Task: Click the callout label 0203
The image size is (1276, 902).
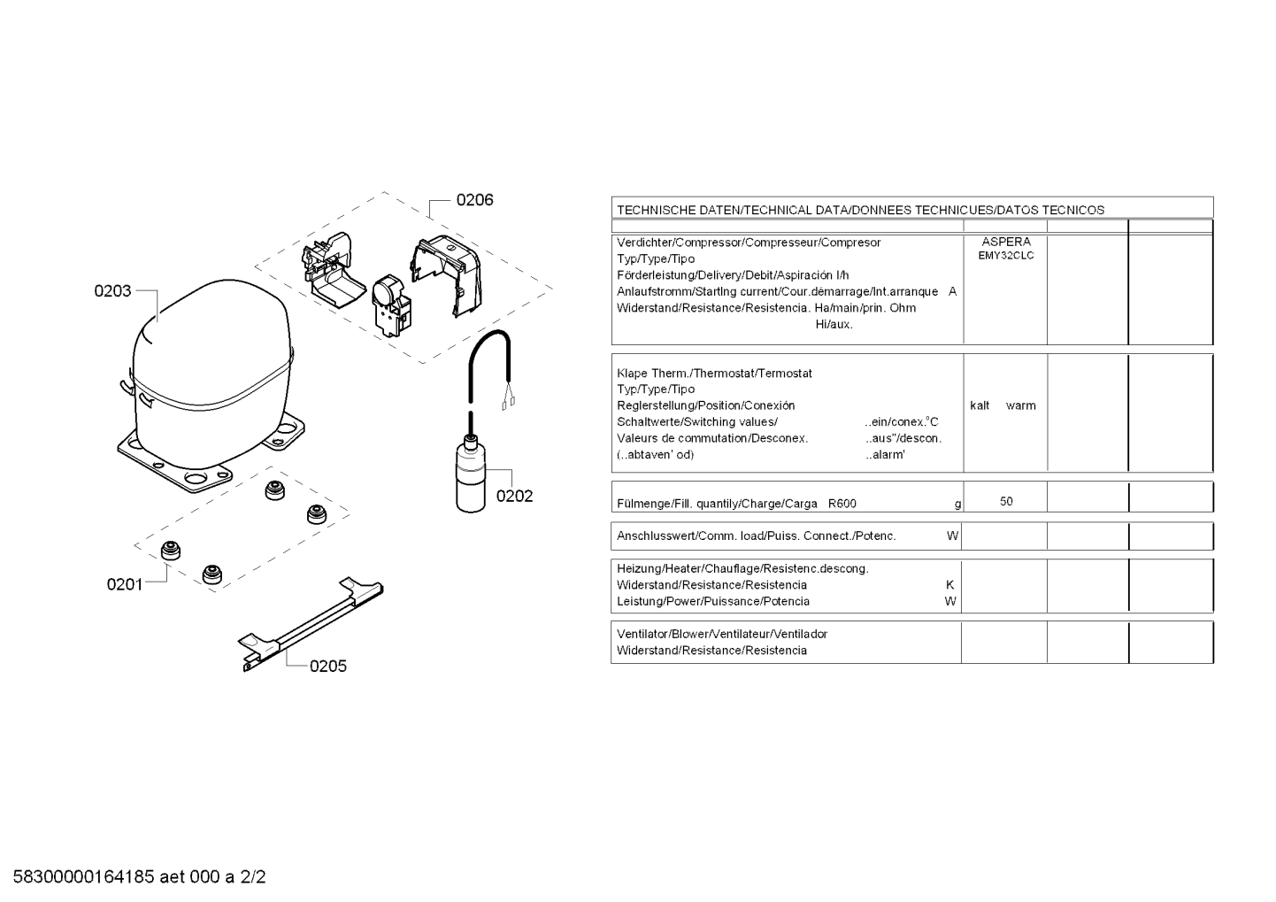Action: tap(112, 291)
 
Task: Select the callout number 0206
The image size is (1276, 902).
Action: tap(474, 200)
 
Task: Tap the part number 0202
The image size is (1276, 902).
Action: tap(514, 497)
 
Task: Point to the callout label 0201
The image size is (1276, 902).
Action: tap(125, 584)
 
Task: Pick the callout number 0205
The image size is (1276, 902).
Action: tap(327, 667)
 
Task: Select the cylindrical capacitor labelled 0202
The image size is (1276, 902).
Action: tap(471, 478)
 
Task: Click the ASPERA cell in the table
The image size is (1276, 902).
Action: tap(1005, 242)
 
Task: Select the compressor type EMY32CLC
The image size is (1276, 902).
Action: tap(1005, 256)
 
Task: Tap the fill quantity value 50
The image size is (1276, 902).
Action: tap(1006, 502)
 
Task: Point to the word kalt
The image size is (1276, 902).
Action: tap(980, 406)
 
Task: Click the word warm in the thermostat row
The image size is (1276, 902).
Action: tap(1020, 406)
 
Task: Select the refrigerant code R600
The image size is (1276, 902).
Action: tap(842, 505)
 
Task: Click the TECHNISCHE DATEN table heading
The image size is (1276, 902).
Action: tap(860, 211)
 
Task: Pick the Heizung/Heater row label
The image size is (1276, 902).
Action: tap(742, 569)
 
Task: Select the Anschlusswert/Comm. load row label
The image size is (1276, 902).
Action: tap(756, 536)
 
